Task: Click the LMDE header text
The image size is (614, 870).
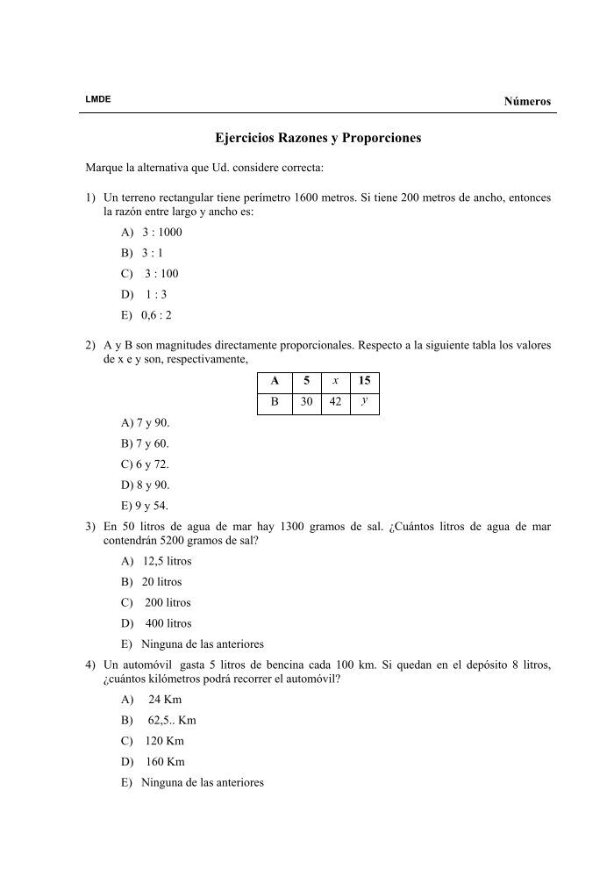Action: (97, 99)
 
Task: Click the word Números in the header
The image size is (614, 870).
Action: (527, 101)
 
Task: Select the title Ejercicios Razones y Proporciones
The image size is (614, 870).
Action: (318, 139)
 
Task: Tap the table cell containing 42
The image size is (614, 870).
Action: (334, 402)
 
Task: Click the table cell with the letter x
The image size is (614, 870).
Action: (334, 380)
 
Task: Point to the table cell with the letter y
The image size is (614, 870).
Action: (364, 401)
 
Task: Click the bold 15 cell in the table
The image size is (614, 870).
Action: (364, 380)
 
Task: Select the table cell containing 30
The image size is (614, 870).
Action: (303, 402)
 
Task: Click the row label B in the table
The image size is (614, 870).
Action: (275, 402)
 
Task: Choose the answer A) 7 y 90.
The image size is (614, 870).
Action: (145, 422)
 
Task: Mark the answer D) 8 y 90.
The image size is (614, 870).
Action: (145, 485)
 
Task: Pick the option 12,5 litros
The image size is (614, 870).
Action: (166, 561)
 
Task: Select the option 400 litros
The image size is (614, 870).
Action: (168, 623)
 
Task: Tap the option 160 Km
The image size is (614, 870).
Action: (165, 762)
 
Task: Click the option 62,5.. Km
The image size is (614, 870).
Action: (171, 720)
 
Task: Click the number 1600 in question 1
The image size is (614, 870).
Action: (310, 198)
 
